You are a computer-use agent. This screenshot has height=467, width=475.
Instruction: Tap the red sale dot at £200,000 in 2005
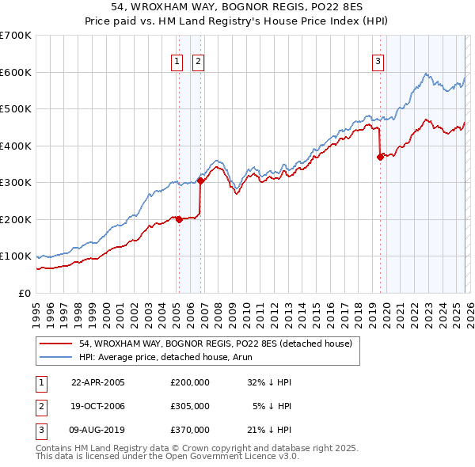coord(179,219)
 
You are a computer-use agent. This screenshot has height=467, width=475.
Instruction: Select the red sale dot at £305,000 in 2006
coord(200,180)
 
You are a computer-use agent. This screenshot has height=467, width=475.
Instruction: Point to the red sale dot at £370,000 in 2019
coord(380,157)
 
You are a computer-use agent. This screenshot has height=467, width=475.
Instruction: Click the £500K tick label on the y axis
coord(16,109)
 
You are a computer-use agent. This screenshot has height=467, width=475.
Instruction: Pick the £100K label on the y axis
coord(16,256)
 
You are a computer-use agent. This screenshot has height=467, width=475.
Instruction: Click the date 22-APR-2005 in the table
coord(98,382)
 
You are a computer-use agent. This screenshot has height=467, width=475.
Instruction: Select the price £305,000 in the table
coord(189,406)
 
